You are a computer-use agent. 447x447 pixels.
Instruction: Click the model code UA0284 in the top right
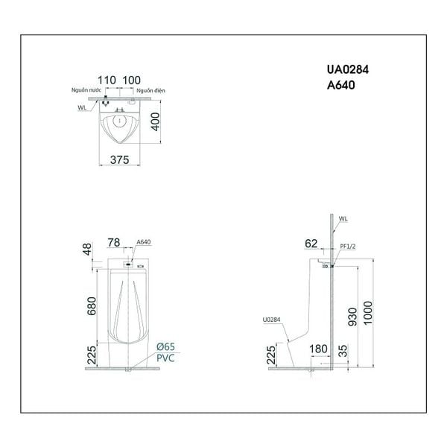click(348, 69)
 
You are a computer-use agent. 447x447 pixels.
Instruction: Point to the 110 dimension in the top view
click(108, 80)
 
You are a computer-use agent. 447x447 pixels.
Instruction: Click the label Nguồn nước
click(85, 89)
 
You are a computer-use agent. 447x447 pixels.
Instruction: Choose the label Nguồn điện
click(150, 89)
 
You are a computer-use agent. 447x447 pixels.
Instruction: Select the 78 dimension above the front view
click(114, 242)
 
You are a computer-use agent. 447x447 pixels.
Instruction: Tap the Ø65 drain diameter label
click(166, 348)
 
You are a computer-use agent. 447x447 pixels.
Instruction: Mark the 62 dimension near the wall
click(312, 242)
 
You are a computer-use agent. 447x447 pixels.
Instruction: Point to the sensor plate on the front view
click(127, 263)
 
